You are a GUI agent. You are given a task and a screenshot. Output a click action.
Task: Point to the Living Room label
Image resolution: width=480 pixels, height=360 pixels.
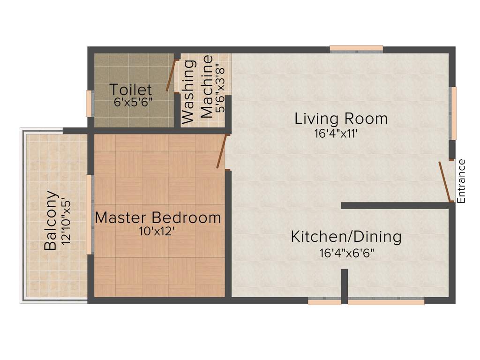tap(341, 119)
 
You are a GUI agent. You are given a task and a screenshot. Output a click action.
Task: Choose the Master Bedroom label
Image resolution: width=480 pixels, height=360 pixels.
tap(158, 217)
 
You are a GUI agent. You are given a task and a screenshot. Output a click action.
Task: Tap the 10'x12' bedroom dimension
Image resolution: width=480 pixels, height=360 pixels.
tap(157, 231)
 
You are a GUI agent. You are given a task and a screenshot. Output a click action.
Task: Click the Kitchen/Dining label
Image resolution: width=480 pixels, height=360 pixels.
tap(346, 237)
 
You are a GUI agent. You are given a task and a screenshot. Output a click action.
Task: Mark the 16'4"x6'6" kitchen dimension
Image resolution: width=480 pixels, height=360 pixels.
tap(346, 253)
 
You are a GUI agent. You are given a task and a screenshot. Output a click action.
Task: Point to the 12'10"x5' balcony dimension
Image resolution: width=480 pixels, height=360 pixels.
tap(66, 220)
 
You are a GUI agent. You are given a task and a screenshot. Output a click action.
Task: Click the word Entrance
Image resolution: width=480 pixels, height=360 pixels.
tap(462, 181)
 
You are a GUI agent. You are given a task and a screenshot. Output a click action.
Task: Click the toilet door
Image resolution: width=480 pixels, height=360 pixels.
tap(171, 75)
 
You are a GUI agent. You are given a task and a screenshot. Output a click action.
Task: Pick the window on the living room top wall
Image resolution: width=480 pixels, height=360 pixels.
tap(356, 49)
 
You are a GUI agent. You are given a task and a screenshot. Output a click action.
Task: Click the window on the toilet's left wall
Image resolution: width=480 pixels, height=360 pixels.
tap(89, 103)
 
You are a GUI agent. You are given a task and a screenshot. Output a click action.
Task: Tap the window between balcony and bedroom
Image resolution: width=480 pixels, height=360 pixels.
tap(89, 214)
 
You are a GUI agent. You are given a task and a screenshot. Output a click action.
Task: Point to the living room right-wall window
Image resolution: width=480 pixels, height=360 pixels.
tap(453, 113)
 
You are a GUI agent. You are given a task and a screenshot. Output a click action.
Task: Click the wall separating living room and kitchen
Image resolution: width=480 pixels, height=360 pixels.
tap(396, 205)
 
